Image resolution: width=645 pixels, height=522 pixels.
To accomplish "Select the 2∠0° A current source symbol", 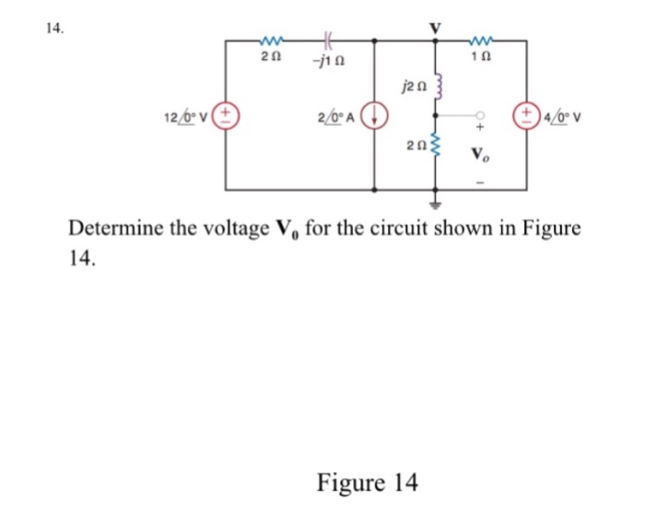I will [x=374, y=117].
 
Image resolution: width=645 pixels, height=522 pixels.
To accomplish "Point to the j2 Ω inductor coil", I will [x=439, y=90].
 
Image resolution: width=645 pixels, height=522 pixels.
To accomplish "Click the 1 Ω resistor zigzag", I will [x=482, y=40].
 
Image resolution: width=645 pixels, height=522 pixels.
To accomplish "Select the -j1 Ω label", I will [x=328, y=60].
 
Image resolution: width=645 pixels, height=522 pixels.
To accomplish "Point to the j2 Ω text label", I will [x=411, y=89].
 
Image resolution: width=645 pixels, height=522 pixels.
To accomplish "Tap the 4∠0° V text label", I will [x=561, y=117].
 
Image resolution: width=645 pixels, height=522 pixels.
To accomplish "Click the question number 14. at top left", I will [x=54, y=29].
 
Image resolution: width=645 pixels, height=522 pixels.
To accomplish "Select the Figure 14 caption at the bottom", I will [x=367, y=481].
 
